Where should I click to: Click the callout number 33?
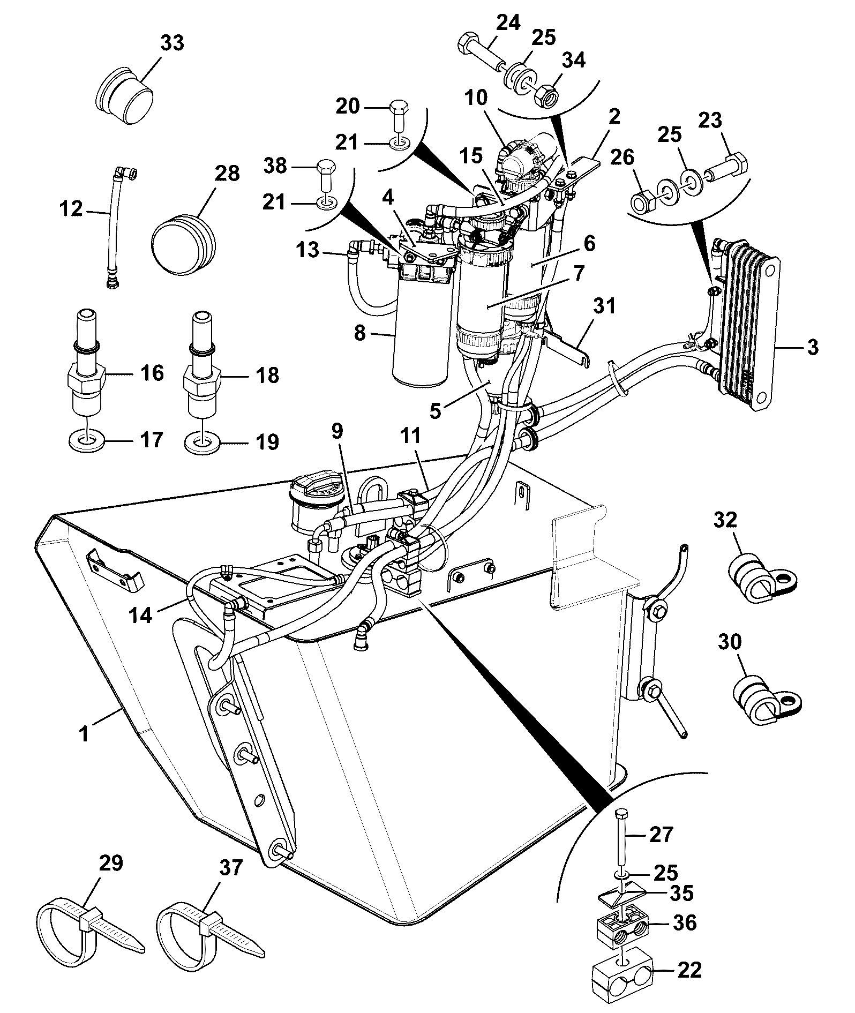tap(171, 43)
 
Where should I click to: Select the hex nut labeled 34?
tap(545, 96)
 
